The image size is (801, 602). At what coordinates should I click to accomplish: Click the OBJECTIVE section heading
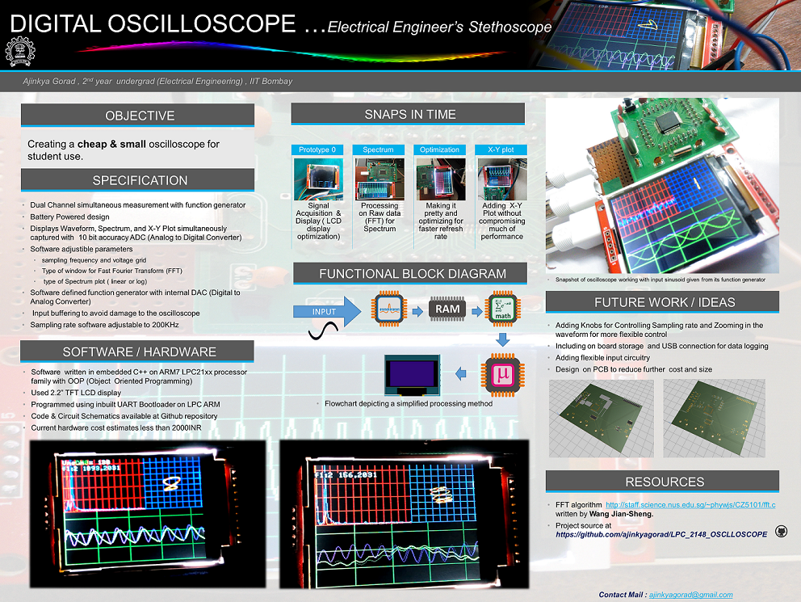pos(139,116)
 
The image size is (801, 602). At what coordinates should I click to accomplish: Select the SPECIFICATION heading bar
pos(139,180)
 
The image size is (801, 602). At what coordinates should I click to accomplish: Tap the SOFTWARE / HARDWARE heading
pos(139,352)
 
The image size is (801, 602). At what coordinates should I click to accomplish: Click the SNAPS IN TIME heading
pos(410,115)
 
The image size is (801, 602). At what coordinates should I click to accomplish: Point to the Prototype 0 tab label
pos(317,149)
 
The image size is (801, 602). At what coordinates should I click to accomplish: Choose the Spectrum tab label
pos(378,149)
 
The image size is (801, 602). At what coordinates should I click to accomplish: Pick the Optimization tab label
pos(440,149)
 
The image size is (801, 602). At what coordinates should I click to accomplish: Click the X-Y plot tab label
pos(501,149)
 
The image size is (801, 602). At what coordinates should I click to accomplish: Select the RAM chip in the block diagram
pos(448,309)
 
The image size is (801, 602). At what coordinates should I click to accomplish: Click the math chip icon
pos(502,309)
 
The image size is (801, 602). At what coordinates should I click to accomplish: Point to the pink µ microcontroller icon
pos(502,373)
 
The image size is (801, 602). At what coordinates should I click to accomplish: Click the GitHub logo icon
pos(781,531)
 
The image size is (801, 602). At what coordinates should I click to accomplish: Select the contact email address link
pos(691,595)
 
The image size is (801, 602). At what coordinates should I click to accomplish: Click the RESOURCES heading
pos(664,482)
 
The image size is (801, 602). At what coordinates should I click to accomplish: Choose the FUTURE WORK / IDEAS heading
pos(664,302)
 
